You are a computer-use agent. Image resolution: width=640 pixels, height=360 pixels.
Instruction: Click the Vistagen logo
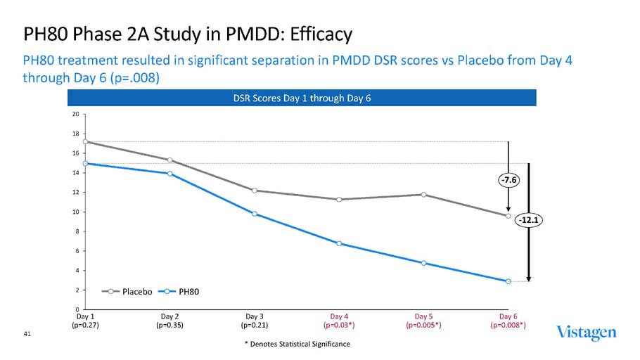[x=587, y=333]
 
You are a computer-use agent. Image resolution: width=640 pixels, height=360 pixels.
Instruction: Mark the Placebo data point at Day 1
[x=85, y=142]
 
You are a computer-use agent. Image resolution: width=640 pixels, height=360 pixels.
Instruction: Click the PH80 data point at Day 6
[x=508, y=281]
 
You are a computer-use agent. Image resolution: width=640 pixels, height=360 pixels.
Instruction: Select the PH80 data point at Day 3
[x=255, y=214]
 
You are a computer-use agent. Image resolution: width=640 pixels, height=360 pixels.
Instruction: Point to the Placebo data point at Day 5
[x=423, y=195]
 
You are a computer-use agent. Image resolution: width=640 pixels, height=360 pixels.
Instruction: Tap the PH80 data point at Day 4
[x=339, y=243]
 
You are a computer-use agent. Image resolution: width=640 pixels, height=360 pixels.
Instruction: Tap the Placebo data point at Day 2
[x=170, y=160]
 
